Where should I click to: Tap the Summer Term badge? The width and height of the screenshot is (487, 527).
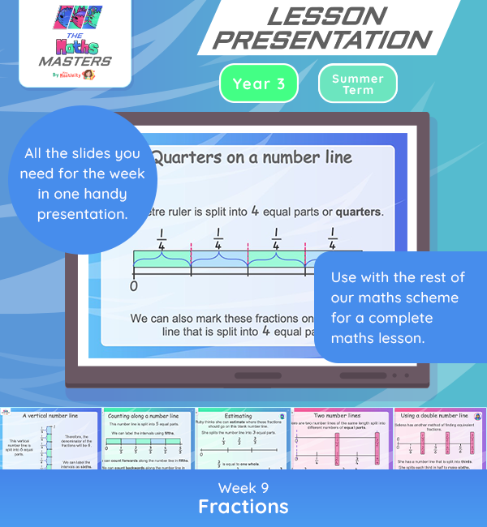(358, 84)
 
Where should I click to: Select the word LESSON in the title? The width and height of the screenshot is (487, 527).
(327, 16)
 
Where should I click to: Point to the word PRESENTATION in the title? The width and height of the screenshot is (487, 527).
(327, 40)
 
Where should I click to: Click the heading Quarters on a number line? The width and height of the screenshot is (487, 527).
(252, 156)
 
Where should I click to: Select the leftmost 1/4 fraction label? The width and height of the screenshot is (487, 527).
(162, 239)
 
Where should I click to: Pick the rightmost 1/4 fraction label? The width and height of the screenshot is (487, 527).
(332, 239)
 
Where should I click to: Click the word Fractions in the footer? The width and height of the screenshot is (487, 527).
(243, 507)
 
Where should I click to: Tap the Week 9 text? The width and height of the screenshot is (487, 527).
(243, 487)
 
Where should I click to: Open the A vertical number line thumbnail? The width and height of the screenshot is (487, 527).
(50, 439)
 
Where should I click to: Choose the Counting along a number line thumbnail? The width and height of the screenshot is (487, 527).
(148, 439)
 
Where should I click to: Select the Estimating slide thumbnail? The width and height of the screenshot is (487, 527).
(243, 439)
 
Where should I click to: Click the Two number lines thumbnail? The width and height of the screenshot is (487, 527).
(340, 439)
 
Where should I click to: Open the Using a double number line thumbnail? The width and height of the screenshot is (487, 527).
(437, 439)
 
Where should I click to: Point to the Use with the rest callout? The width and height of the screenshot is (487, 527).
(400, 306)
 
